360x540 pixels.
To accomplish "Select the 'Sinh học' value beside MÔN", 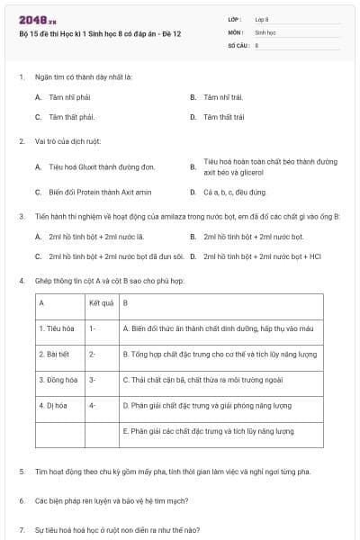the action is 265,31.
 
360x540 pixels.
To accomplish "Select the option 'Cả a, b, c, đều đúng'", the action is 235,192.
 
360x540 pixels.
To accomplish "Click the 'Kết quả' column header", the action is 101,302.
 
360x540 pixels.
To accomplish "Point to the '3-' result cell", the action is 94,380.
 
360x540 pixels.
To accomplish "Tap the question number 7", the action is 22,529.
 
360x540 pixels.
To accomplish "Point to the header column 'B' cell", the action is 126,302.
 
